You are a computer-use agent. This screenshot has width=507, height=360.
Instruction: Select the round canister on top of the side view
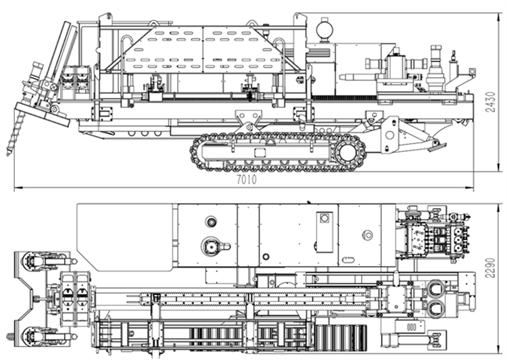point(325,29)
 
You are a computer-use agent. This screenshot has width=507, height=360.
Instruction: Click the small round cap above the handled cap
point(211,221)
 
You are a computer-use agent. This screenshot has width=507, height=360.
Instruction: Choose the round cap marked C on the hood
point(368,235)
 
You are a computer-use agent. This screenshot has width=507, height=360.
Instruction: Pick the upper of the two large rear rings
point(435,289)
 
